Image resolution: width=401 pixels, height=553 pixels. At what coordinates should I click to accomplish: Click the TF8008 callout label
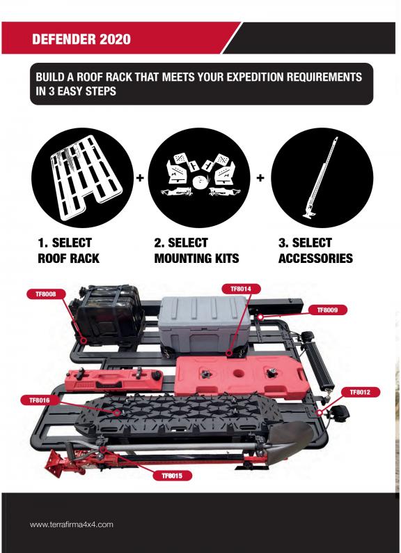pyautogui.click(x=46, y=294)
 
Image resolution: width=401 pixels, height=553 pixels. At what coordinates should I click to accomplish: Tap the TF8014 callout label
pyautogui.click(x=241, y=289)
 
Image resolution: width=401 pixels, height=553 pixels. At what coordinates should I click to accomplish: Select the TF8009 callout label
pyautogui.click(x=327, y=310)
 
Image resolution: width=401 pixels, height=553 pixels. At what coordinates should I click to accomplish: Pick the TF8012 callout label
pyautogui.click(x=360, y=392)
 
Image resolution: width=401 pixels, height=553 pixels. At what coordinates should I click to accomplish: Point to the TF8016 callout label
pyautogui.click(x=40, y=400)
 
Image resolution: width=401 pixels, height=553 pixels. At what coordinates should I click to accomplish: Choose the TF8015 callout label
pyautogui.click(x=172, y=476)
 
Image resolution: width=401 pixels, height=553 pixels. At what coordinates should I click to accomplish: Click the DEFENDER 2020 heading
pyautogui.click(x=81, y=39)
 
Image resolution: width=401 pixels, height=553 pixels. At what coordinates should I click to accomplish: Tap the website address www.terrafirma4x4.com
pyautogui.click(x=72, y=524)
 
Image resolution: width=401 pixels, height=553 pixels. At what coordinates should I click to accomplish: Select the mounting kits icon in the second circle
pyautogui.click(x=199, y=175)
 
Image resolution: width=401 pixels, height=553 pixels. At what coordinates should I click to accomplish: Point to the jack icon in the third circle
pyautogui.click(x=320, y=178)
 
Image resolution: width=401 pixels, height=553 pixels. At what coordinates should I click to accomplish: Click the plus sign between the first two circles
pyautogui.click(x=140, y=178)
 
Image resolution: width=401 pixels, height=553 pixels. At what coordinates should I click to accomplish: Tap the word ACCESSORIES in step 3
pyautogui.click(x=315, y=258)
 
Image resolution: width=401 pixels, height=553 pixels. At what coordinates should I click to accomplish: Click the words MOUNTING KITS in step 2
pyautogui.click(x=196, y=258)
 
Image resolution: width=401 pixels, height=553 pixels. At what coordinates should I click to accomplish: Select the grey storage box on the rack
pyautogui.click(x=204, y=324)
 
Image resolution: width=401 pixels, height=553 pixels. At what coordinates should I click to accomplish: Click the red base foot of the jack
pyautogui.click(x=56, y=463)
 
